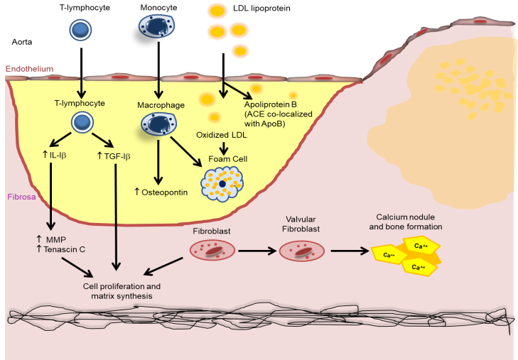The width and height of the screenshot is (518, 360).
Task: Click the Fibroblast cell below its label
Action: click(211, 250)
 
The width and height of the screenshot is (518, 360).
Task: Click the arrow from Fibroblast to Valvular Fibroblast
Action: click(257, 250)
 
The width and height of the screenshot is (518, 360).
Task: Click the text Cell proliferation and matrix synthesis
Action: click(119, 290)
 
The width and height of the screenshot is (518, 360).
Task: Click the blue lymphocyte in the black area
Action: click(80, 29)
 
